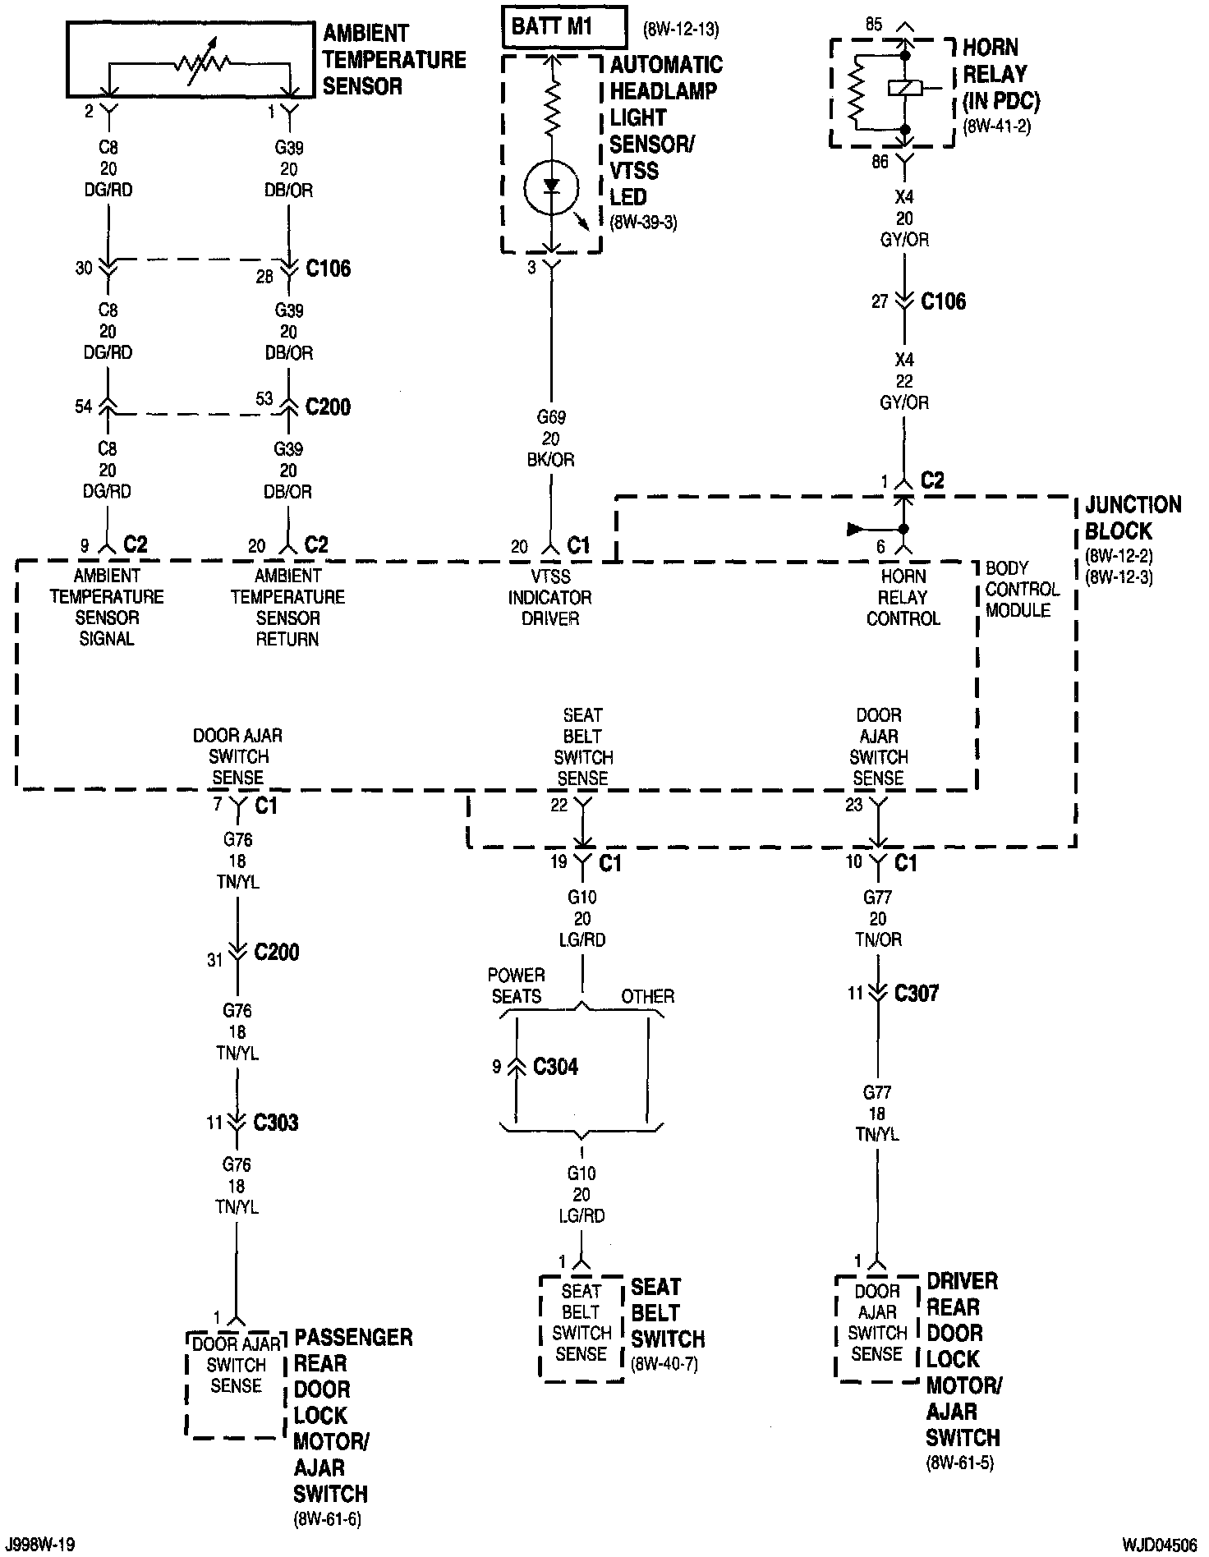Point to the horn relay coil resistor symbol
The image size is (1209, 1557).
[856, 91]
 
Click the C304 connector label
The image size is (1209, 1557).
[555, 1067]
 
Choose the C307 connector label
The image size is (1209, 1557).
[916, 994]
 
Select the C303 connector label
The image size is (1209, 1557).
[276, 1122]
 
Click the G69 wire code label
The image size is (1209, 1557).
[552, 417]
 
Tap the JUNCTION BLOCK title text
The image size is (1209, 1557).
[1133, 517]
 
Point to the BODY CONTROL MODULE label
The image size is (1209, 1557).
[1022, 589]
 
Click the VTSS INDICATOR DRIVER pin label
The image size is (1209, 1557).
[549, 597]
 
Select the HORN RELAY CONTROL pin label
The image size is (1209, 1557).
[903, 597]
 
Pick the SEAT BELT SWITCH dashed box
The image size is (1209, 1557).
[582, 1327]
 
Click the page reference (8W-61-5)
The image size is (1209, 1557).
[959, 1463]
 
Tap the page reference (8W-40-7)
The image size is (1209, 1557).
[664, 1365]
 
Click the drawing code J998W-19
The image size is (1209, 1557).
[39, 1545]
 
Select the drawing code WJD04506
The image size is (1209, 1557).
[1161, 1545]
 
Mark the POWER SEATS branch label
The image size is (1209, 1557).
[516, 985]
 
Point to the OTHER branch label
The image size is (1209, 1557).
[647, 996]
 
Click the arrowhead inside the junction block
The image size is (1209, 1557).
[855, 529]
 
